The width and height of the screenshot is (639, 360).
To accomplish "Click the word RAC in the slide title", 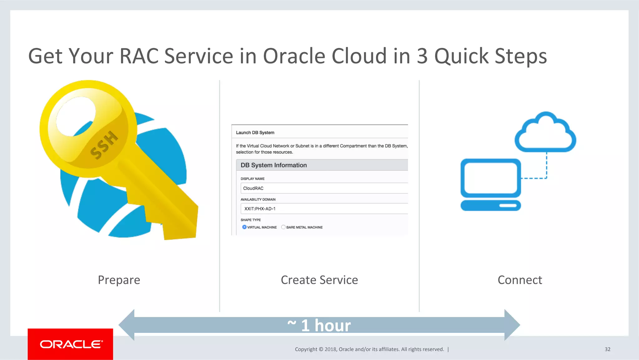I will point(139,56).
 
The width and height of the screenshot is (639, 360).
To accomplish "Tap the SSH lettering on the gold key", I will point(104,145).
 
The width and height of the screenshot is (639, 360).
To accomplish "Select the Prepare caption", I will point(119,280).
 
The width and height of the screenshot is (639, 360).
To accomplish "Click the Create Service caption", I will point(319,280).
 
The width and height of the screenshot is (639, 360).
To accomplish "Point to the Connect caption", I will point(520,280).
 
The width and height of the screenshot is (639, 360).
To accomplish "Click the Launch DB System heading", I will point(255,133).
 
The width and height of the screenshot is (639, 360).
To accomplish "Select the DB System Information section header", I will point(274,165).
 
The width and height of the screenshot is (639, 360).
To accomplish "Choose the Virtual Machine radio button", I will point(244,227).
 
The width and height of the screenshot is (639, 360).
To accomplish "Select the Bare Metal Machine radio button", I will point(283,227).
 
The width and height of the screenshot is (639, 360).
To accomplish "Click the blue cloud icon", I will point(545,133).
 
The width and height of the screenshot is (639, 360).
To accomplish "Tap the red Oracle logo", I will point(71,344).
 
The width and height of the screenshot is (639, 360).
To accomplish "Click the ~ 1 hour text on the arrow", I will point(319,325).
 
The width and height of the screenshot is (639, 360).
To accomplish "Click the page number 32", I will point(607,349).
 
